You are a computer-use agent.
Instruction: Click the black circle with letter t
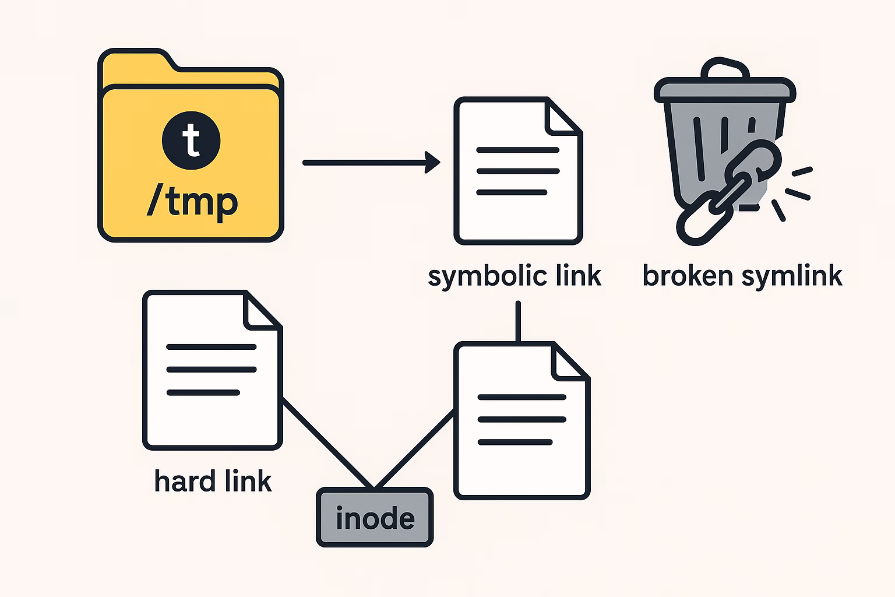point(191,141)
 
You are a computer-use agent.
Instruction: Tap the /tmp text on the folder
point(192,202)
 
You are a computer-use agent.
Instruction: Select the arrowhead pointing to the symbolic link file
point(433,163)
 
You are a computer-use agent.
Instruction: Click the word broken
point(688,276)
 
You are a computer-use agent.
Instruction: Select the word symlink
point(792,276)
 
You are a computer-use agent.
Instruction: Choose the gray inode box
point(375,518)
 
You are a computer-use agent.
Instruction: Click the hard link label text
point(213,482)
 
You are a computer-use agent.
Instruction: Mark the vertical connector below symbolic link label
point(517,321)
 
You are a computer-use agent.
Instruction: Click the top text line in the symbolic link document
point(517,150)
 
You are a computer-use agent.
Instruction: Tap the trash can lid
point(724,89)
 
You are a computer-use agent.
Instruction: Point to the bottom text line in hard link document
point(203,392)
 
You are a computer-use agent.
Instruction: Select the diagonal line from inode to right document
point(414,449)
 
